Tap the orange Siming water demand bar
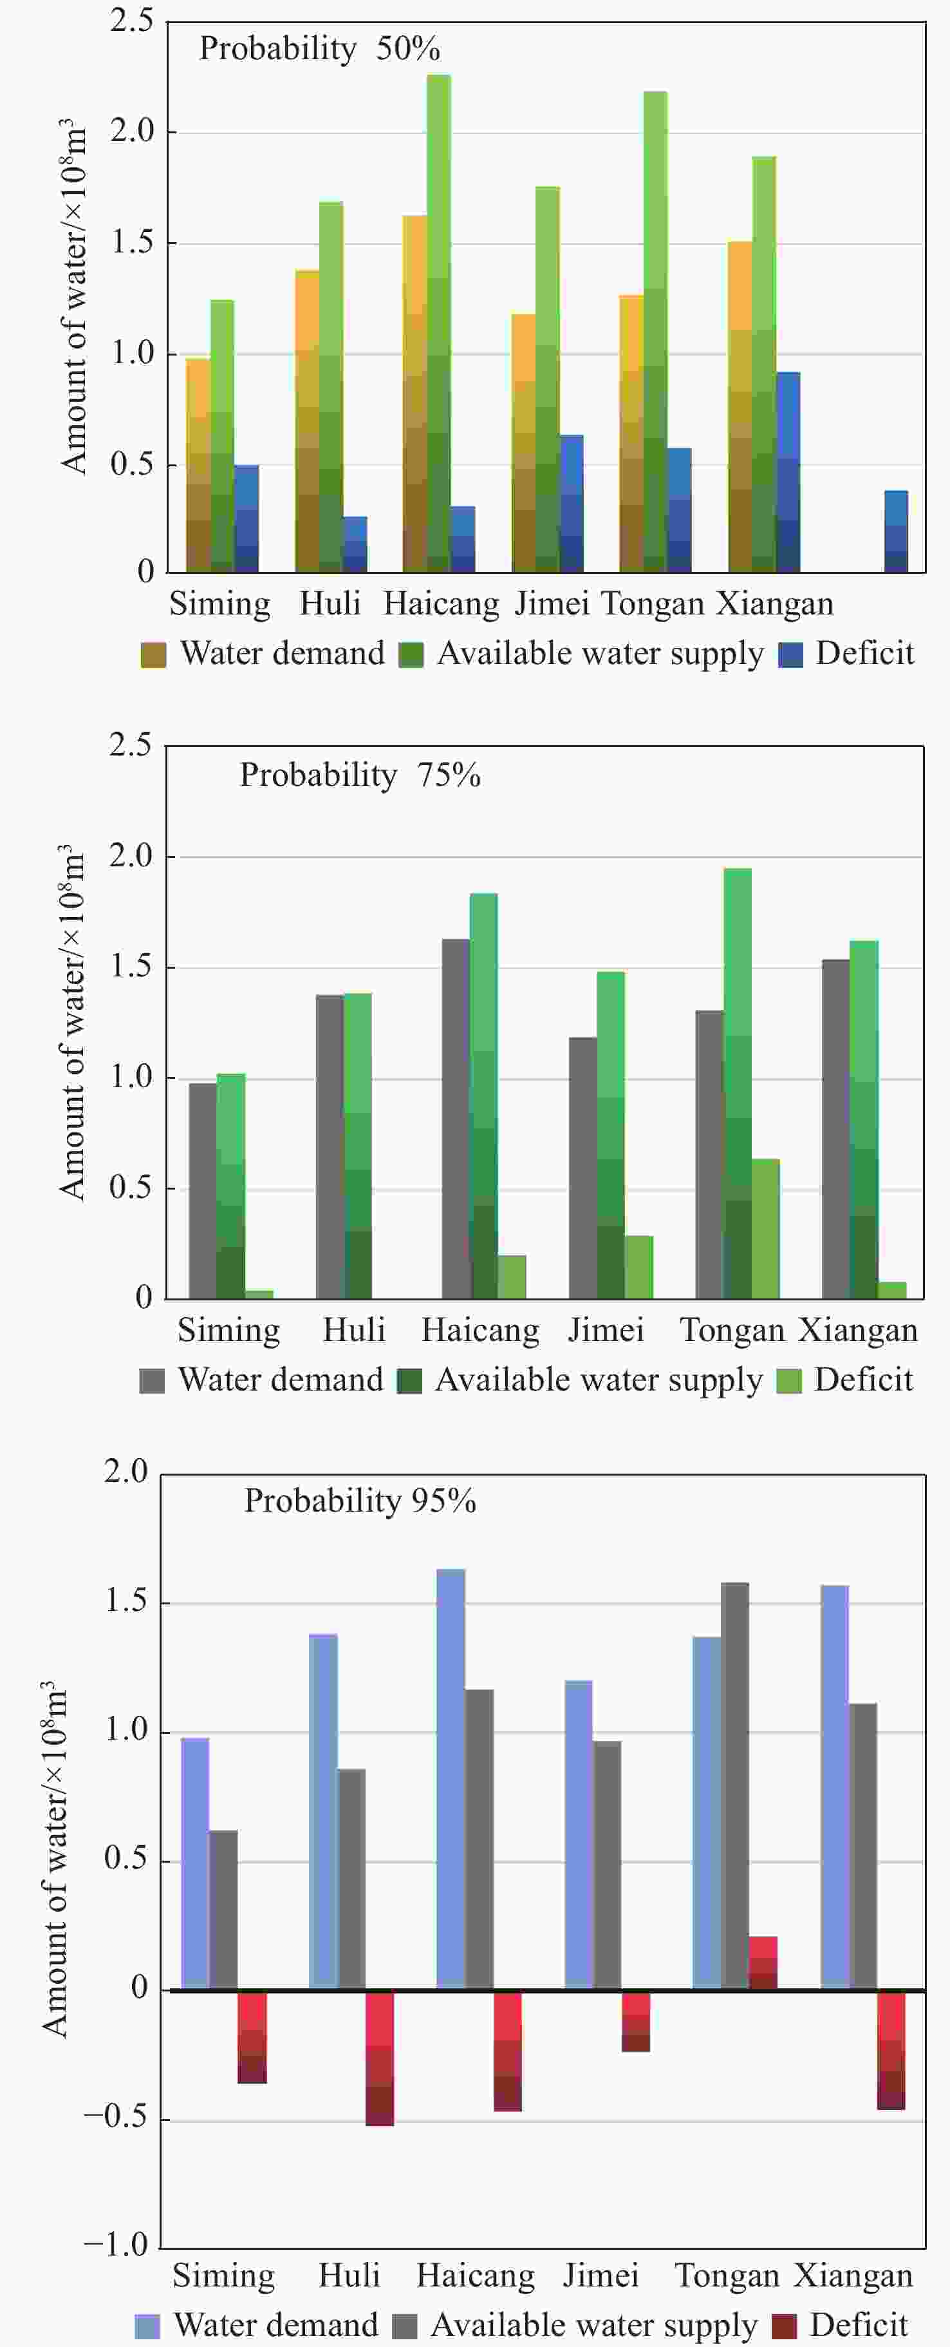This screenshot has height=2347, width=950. [198, 464]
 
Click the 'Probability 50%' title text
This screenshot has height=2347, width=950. [319, 49]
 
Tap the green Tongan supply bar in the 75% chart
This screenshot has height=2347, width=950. [738, 1084]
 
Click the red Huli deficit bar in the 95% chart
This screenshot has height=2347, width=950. [380, 2058]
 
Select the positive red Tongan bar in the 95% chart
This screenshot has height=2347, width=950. [763, 1963]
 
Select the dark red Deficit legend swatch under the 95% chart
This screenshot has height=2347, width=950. [784, 2326]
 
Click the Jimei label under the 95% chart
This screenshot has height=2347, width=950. [601, 2276]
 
